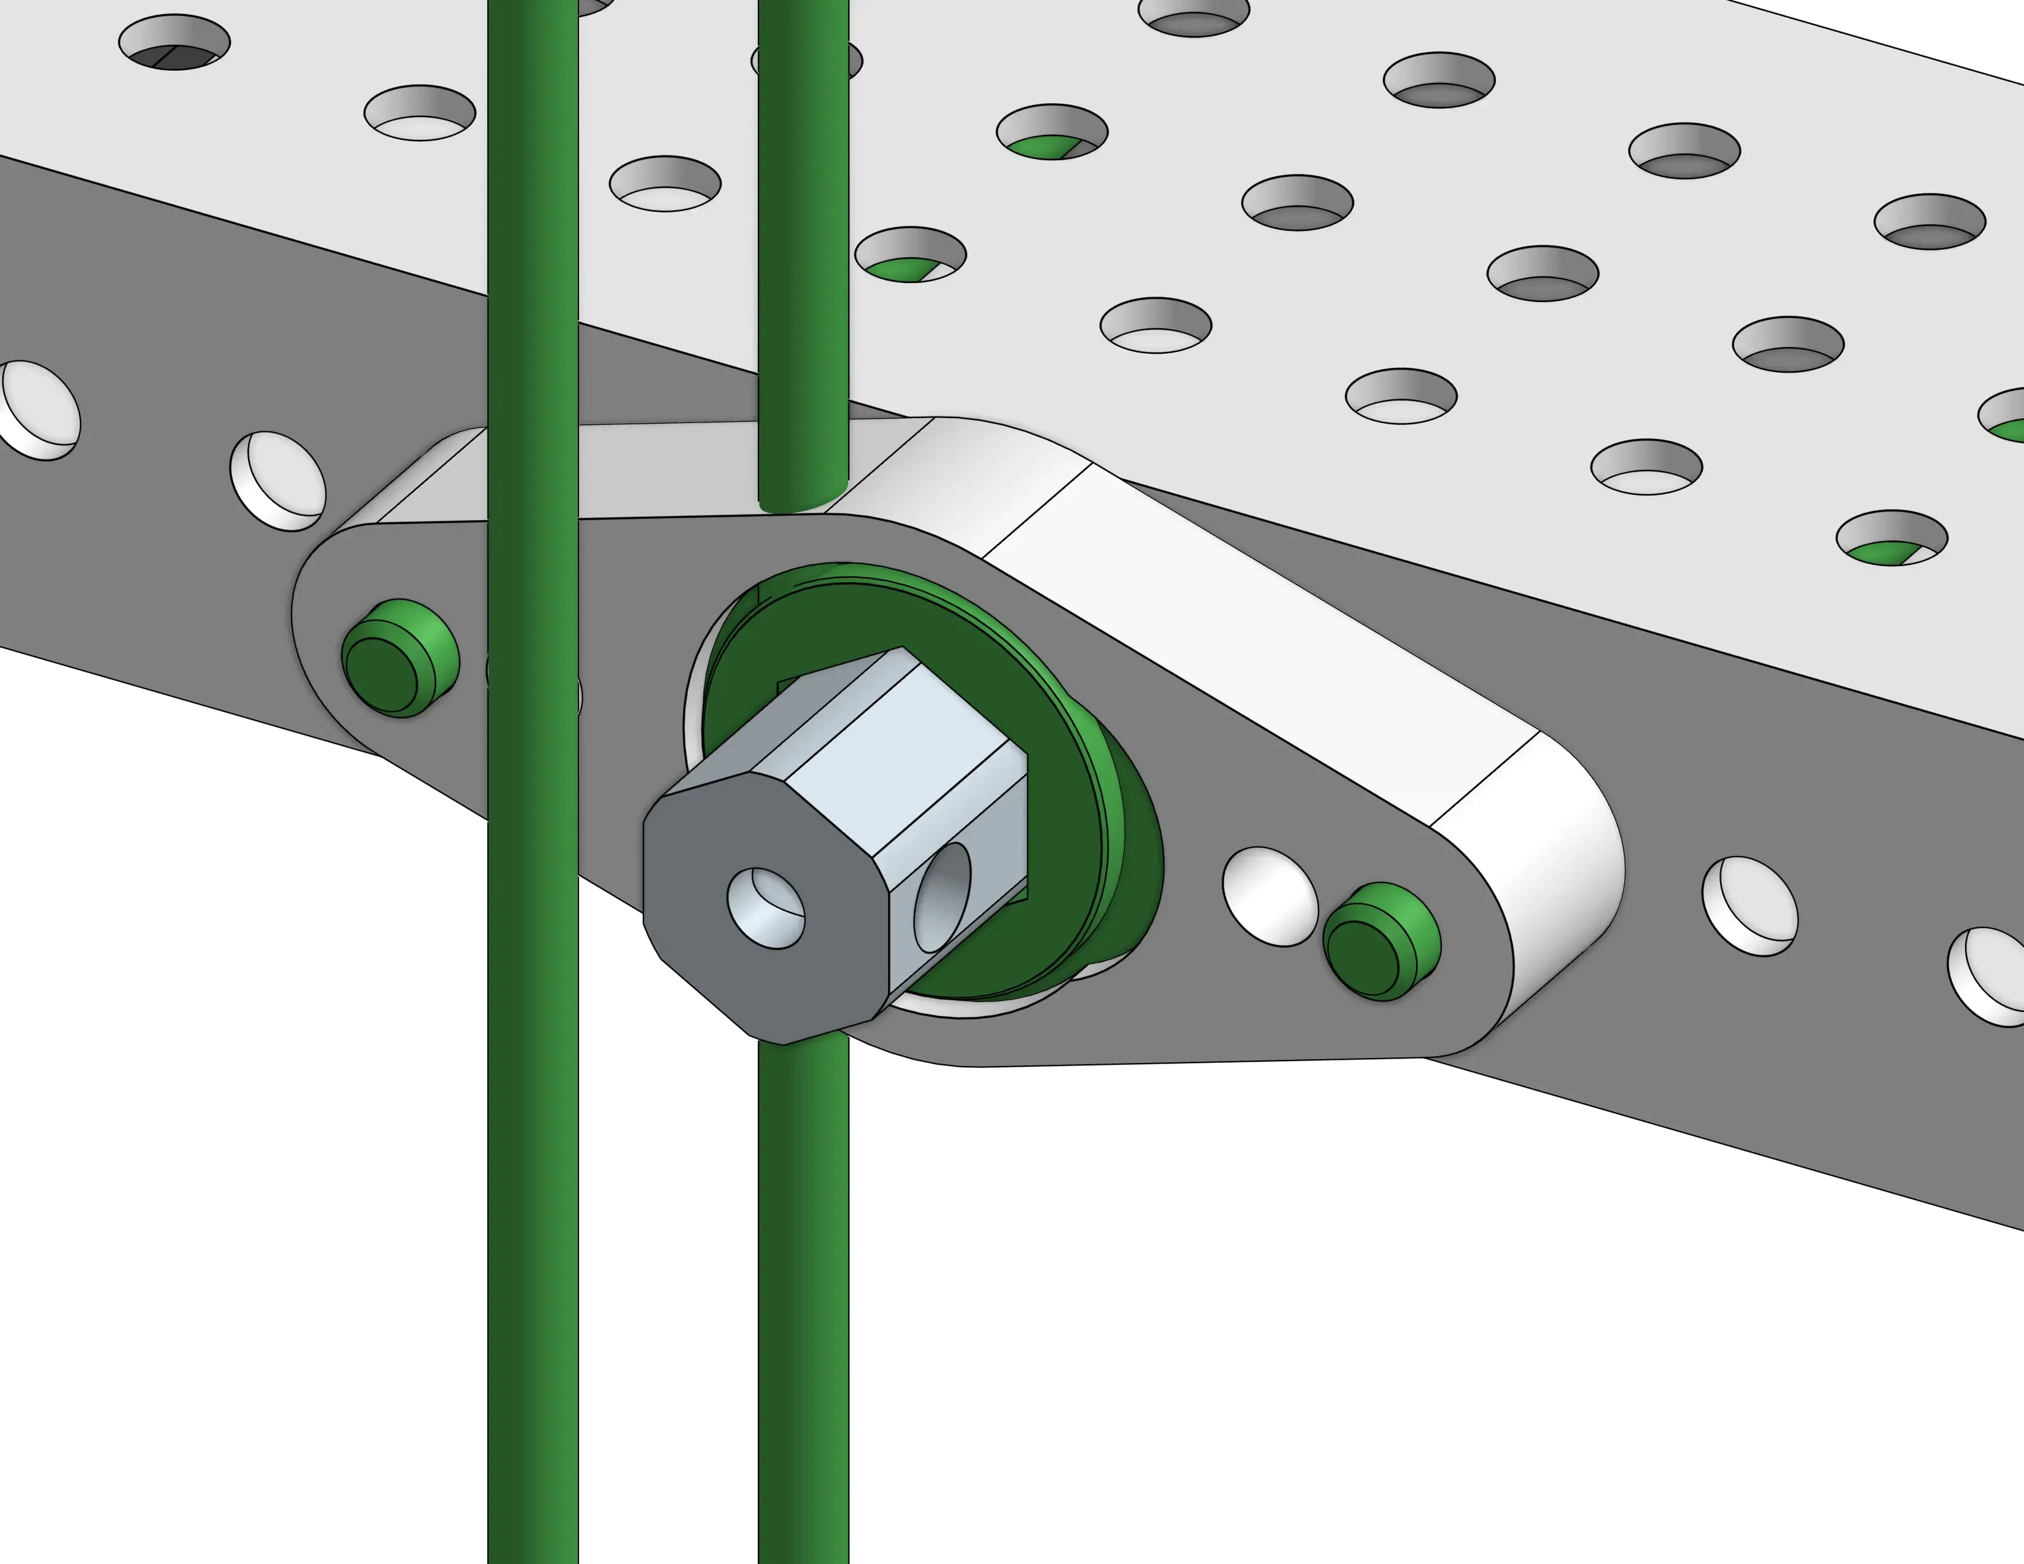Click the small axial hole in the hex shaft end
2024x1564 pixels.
766,908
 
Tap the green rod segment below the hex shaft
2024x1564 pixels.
803,1297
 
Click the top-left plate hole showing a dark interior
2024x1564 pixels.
174,42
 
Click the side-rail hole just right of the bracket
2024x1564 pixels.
1750,906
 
